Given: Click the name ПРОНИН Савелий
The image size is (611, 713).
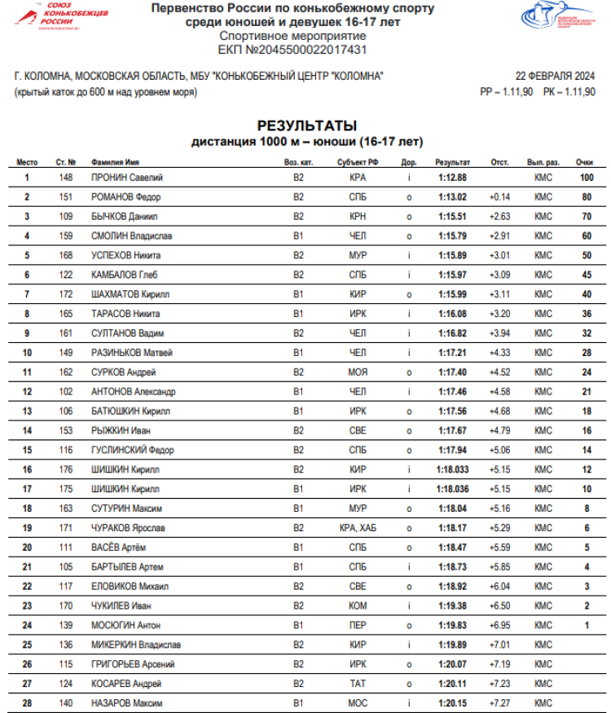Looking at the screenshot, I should (x=127, y=177).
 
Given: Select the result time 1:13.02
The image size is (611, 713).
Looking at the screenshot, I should (x=452, y=196).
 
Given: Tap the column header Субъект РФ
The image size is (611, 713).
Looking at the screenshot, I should (x=358, y=162).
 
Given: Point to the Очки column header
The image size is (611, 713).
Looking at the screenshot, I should (x=584, y=162).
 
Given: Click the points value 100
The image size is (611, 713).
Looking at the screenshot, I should (x=586, y=177).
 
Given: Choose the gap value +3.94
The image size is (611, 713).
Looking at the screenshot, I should (x=499, y=333).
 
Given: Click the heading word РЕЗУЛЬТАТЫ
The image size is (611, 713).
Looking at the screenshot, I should (x=307, y=125).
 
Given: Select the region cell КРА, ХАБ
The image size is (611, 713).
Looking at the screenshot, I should (x=358, y=528).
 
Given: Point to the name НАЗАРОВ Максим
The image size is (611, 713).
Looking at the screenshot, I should (x=127, y=703).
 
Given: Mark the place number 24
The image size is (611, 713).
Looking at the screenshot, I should (x=27, y=625).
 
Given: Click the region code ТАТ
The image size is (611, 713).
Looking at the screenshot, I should (x=358, y=684).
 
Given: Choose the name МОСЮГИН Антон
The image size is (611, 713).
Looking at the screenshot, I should (x=126, y=625).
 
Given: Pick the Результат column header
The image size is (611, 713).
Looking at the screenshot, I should (x=452, y=162).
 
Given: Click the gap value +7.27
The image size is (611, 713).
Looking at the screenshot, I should (x=499, y=703).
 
